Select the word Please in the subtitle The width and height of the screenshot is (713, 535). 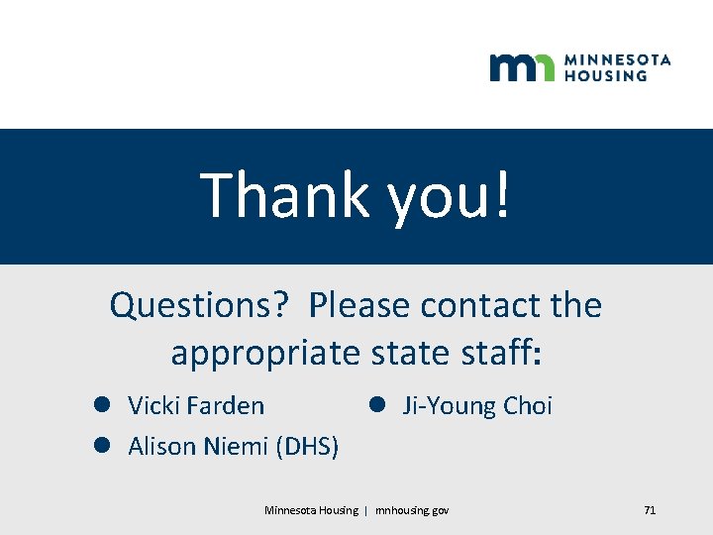click(359, 305)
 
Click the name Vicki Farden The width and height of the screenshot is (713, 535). click(196, 405)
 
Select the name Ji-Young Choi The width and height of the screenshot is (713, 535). click(476, 405)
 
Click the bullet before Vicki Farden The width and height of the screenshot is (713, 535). click(101, 405)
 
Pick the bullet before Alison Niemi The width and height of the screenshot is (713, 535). click(101, 447)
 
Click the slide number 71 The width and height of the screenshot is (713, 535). click(650, 510)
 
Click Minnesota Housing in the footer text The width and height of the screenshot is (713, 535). click(311, 510)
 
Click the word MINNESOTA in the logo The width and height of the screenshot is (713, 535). click(617, 59)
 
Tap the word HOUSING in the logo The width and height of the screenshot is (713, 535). click(605, 75)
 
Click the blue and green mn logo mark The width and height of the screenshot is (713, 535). click(522, 67)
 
